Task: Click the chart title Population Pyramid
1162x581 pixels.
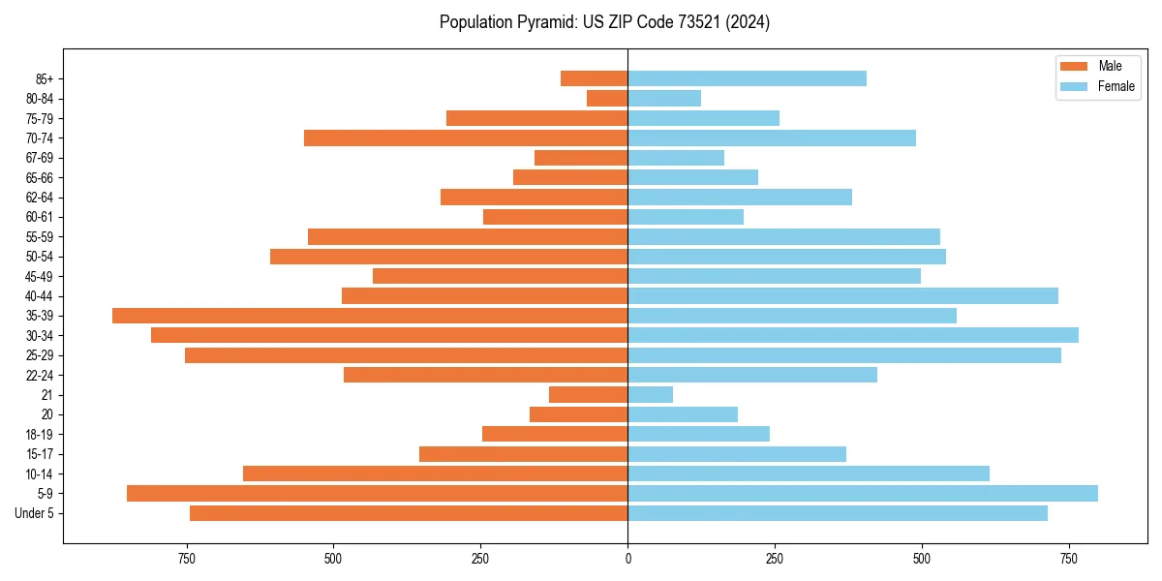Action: pos(604,22)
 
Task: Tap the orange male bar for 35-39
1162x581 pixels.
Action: pos(370,316)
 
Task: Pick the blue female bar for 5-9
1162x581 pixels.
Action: pos(863,493)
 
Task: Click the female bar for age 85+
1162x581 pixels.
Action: pos(747,78)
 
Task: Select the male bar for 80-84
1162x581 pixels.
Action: pos(607,98)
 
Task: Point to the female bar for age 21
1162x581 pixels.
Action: pos(650,394)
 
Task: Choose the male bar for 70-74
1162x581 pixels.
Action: pos(466,138)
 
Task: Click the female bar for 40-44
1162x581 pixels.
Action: pos(842,295)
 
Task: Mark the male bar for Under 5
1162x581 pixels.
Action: pos(409,513)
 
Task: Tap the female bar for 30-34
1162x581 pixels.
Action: pos(853,335)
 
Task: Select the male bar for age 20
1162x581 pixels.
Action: pos(578,414)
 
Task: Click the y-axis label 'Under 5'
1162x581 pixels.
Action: pos(35,513)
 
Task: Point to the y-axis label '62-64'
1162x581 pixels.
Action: pos(40,198)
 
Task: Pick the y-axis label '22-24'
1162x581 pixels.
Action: pos(40,375)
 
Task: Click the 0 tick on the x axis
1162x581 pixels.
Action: pos(627,559)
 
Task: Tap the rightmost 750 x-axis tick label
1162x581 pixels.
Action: pos(1069,559)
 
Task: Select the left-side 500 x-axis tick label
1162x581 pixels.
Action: pos(333,559)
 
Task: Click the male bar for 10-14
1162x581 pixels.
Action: pos(435,474)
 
